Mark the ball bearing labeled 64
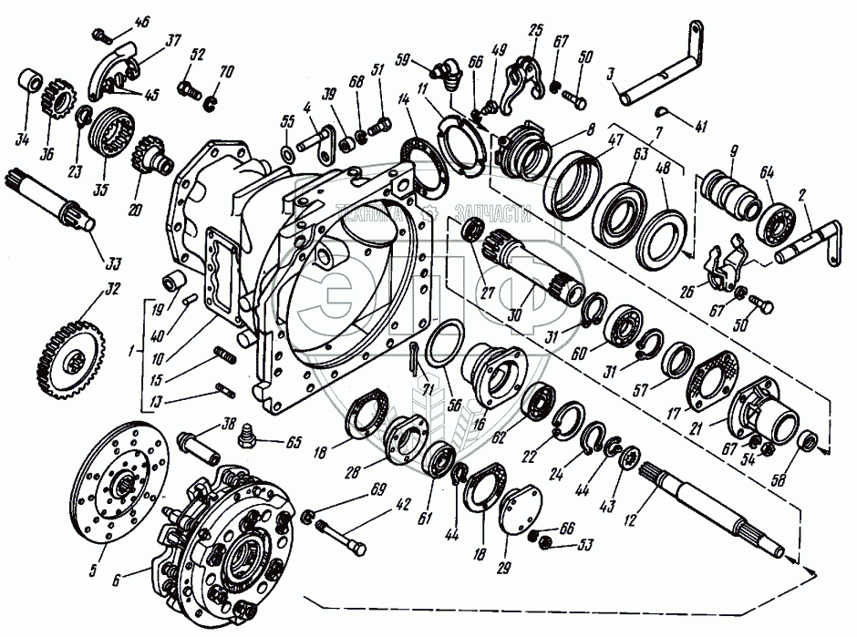click(775, 220)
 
